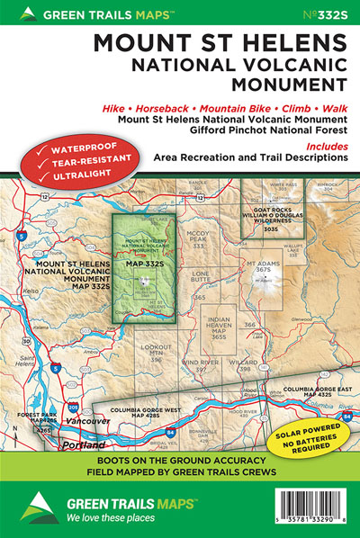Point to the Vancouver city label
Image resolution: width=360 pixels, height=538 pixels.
[x=83, y=421]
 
